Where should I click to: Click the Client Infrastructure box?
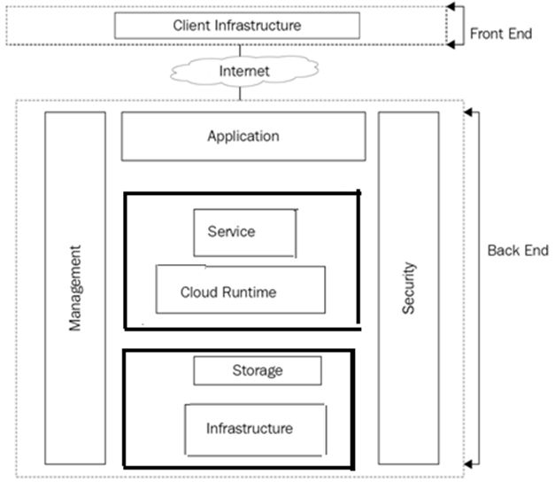tap(237, 25)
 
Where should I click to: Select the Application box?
tap(243, 136)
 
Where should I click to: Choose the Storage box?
tap(257, 370)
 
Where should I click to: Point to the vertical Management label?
tap(75, 289)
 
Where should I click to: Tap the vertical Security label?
tap(408, 288)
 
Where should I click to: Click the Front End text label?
tap(500, 34)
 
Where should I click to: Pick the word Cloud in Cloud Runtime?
tap(200, 292)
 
